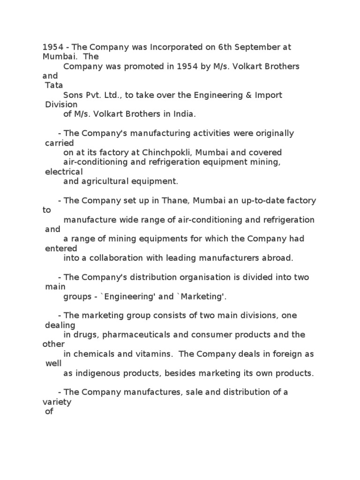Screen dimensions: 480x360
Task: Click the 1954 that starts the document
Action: (x=52, y=47)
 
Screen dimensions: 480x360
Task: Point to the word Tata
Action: (x=54, y=85)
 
